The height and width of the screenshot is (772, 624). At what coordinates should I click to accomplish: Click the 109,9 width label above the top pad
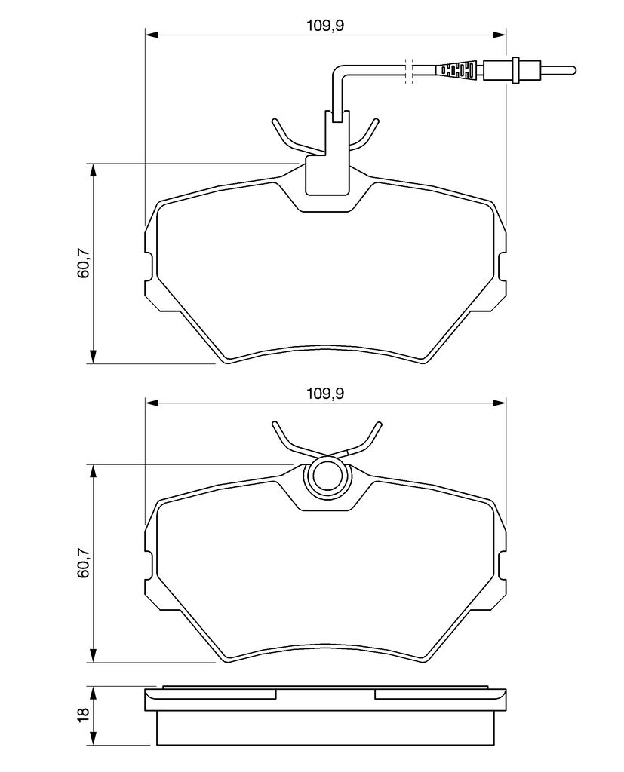pos(325,26)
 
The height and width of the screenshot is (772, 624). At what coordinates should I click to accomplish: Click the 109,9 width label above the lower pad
pos(325,394)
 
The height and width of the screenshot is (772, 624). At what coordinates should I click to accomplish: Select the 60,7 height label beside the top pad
pos(83,264)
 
